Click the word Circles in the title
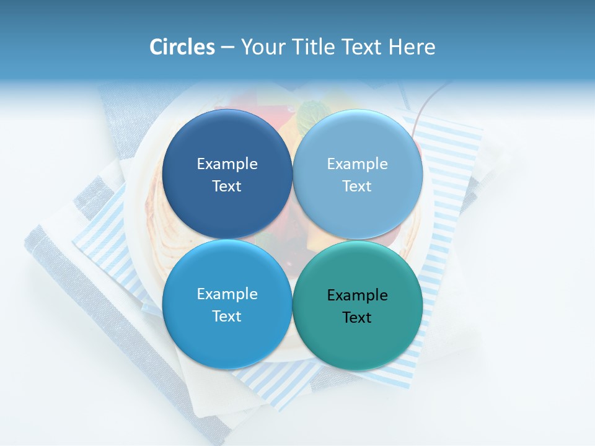tap(182, 47)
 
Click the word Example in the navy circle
tap(227, 164)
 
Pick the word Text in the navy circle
tap(227, 186)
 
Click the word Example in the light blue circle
tap(358, 164)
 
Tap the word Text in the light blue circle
tap(358, 186)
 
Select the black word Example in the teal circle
tap(358, 295)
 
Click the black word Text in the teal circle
tap(358, 318)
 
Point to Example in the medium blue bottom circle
tap(227, 294)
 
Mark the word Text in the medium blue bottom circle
tap(227, 317)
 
